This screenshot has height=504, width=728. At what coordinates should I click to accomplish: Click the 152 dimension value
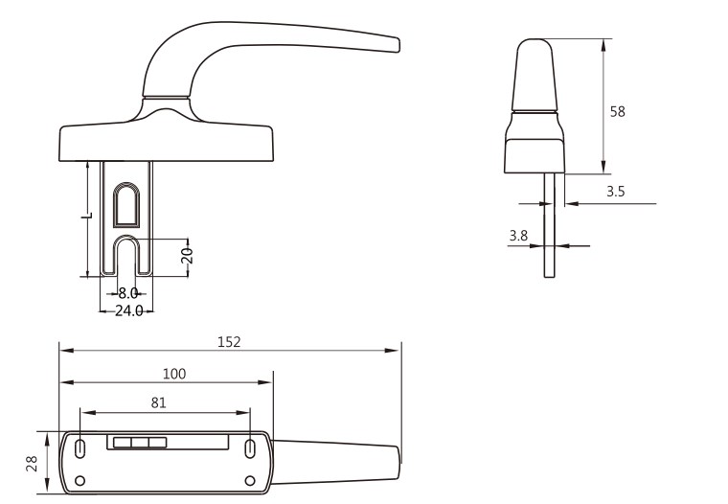click(229, 342)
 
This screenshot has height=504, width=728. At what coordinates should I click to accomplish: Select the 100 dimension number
click(174, 374)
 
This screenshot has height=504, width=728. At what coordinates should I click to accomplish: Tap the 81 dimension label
click(158, 402)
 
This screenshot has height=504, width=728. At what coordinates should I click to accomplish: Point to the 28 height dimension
click(32, 463)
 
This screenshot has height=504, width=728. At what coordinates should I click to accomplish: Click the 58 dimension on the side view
click(618, 111)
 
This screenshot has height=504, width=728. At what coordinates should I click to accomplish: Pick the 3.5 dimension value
click(616, 192)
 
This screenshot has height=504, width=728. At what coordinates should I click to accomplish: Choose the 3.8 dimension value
click(518, 236)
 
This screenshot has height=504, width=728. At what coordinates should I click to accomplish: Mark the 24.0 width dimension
click(128, 310)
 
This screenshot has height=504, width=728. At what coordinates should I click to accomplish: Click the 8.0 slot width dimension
click(127, 293)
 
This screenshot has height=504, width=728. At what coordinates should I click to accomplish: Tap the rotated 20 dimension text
click(187, 256)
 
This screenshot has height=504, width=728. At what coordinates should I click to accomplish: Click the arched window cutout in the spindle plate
click(126, 205)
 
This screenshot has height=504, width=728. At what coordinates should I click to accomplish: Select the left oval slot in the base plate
click(80, 448)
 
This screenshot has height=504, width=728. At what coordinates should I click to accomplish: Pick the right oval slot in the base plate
click(250, 448)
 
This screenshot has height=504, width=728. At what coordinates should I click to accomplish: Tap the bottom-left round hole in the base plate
click(80, 481)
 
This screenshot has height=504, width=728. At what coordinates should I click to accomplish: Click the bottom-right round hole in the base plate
click(250, 481)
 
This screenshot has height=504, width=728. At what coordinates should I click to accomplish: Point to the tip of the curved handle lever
click(398, 45)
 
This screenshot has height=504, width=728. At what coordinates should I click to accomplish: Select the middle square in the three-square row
click(140, 443)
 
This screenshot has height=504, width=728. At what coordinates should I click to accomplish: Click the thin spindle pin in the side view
click(549, 225)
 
